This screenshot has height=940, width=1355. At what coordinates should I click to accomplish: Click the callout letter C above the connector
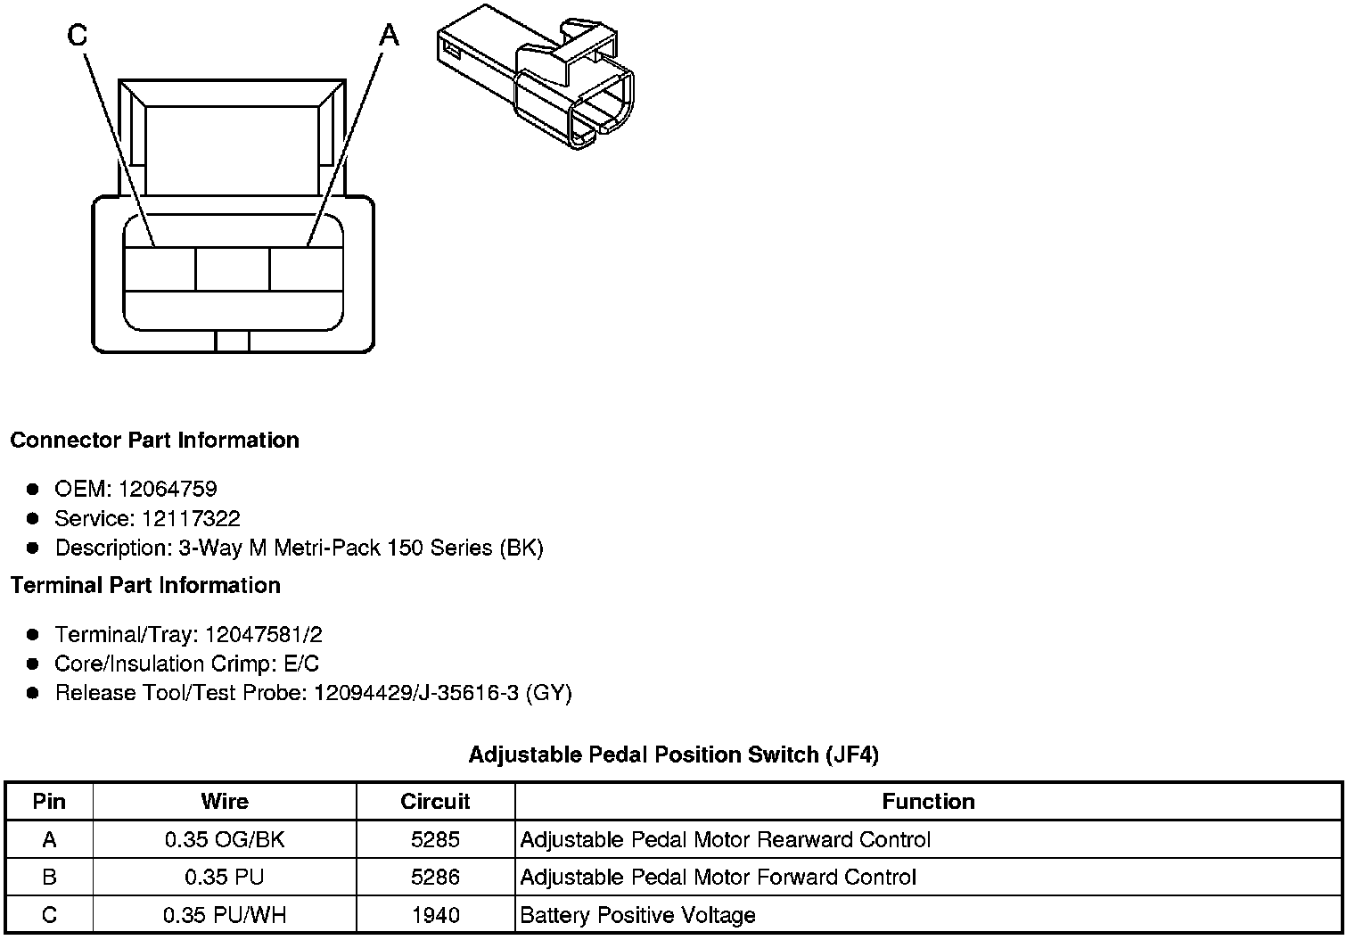click(78, 36)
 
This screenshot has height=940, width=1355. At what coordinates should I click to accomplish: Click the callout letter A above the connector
click(389, 36)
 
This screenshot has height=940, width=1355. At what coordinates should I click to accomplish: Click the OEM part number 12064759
click(167, 489)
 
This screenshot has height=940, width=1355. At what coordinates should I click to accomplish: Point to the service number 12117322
click(191, 518)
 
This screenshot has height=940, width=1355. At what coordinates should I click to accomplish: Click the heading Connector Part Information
click(154, 441)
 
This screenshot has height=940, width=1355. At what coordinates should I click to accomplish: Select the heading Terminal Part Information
click(145, 585)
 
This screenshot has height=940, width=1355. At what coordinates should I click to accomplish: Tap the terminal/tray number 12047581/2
click(263, 634)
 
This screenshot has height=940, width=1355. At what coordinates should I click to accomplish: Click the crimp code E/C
click(299, 664)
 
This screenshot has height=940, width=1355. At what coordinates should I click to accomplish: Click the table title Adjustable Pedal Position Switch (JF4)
click(673, 754)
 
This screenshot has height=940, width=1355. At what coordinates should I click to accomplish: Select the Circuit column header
click(435, 801)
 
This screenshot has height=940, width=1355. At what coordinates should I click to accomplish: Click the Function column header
click(928, 801)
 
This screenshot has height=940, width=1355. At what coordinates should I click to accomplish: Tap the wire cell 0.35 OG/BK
click(225, 839)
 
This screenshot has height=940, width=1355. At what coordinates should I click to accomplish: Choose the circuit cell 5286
click(435, 877)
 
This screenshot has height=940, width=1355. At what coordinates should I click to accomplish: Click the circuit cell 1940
click(435, 915)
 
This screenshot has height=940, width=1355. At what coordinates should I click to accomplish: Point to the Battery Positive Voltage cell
click(637, 915)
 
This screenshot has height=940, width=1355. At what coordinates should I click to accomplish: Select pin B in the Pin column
click(49, 877)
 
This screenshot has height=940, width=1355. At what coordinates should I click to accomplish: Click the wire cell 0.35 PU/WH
click(225, 915)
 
